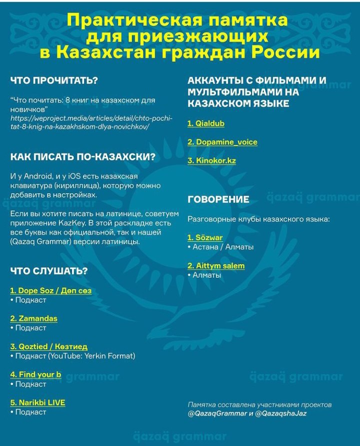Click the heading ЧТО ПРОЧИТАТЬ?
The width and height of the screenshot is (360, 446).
[x=54, y=80]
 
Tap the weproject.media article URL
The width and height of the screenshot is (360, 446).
[x=91, y=122]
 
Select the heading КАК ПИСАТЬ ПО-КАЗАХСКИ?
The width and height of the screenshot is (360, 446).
[x=83, y=157]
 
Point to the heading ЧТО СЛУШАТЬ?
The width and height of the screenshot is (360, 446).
[x=49, y=271]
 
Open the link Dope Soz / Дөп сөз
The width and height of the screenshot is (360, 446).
[x=50, y=291]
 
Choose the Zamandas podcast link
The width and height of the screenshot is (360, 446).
[x=33, y=319]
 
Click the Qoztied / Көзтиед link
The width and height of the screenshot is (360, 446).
[x=48, y=347]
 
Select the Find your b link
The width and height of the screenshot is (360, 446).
[x=35, y=375]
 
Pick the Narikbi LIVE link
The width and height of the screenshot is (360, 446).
[x=37, y=403]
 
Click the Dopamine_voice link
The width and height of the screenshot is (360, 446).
[x=222, y=142]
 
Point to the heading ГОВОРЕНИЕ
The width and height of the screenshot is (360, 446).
[x=218, y=200]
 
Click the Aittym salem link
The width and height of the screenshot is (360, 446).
[x=216, y=266]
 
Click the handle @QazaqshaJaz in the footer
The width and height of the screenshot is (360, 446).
[x=281, y=414]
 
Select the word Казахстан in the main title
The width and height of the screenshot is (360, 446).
[x=104, y=52]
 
